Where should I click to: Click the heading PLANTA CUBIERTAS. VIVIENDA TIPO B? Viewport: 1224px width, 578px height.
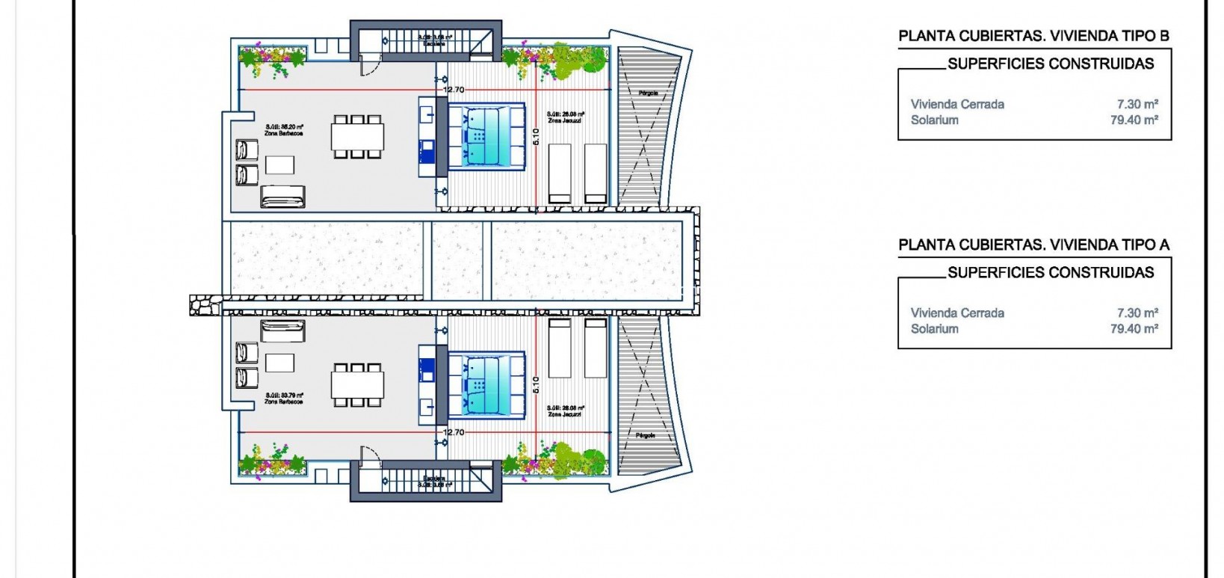[x=1033, y=36]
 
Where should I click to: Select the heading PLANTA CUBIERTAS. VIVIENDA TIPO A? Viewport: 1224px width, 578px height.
[x=1033, y=245]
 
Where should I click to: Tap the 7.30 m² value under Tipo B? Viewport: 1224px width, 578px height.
[x=1137, y=104]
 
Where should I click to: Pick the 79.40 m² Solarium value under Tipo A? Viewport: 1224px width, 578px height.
[x=1134, y=328]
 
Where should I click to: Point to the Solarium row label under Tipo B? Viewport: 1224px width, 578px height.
[x=934, y=120]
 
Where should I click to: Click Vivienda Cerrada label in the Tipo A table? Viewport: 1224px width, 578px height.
[x=957, y=313]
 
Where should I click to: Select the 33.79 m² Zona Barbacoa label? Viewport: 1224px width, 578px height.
[x=284, y=398]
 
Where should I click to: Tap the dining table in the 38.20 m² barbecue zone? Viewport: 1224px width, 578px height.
[x=358, y=137]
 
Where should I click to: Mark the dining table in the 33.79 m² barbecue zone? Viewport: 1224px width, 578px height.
[x=358, y=385]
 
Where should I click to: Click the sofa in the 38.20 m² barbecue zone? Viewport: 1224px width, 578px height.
[x=283, y=197]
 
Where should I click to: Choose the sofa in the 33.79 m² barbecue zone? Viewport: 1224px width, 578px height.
[x=283, y=330]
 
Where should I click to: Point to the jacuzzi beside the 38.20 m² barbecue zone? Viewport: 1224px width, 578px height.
[x=486, y=137]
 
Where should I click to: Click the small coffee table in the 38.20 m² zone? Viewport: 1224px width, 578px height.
[x=279, y=165]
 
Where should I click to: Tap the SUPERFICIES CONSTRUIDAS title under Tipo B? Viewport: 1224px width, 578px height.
[x=1051, y=64]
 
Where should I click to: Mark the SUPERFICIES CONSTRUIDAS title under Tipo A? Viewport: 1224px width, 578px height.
[x=1051, y=272]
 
